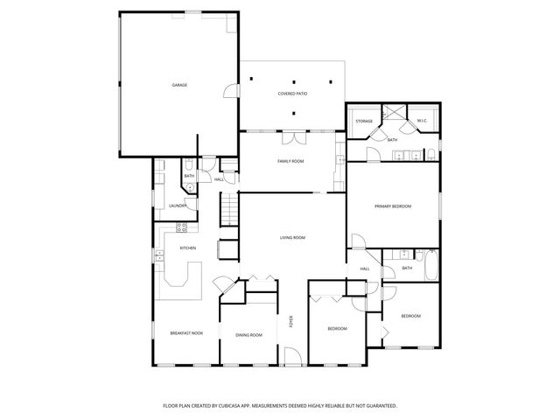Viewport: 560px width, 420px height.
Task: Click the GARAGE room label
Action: click(x=178, y=85)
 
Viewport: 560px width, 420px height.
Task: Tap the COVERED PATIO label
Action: click(x=293, y=93)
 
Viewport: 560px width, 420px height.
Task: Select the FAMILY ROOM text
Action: click(x=290, y=161)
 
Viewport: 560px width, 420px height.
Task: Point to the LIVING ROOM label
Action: click(x=292, y=237)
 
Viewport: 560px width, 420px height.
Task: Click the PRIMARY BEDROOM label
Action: click(x=393, y=206)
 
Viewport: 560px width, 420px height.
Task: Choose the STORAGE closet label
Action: click(x=364, y=121)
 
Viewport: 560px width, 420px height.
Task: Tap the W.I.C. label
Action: click(x=421, y=121)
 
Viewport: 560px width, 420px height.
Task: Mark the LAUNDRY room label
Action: click(x=178, y=206)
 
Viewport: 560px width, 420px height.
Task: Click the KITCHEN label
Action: click(x=187, y=248)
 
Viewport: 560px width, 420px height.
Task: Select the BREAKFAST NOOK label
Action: click(x=186, y=332)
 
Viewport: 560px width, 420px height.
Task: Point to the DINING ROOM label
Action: click(x=248, y=334)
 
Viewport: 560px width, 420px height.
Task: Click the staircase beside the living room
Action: click(x=228, y=208)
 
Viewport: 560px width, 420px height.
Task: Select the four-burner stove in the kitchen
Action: click(x=182, y=228)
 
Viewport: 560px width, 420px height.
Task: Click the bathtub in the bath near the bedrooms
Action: click(x=431, y=267)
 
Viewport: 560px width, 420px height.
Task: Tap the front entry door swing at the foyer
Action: click(x=292, y=354)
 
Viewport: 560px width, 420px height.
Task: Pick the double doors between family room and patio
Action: click(x=293, y=138)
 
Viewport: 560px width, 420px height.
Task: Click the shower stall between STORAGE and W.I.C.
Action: click(x=394, y=115)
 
